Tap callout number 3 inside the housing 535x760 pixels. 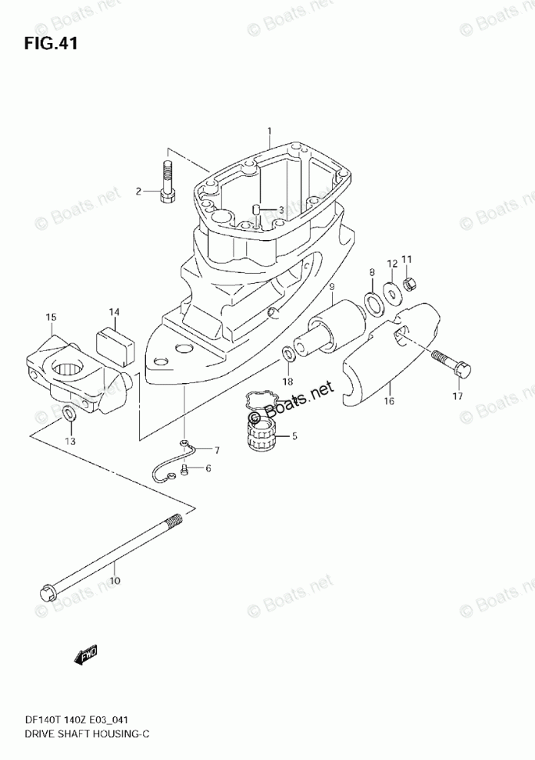click(281, 210)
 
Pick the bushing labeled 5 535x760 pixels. click(261, 436)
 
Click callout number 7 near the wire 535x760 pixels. click(217, 450)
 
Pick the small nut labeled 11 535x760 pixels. click(410, 285)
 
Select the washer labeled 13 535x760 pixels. click(68, 417)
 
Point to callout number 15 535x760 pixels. click(51, 317)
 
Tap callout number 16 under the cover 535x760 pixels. click(388, 401)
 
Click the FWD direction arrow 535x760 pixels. click(85, 655)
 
